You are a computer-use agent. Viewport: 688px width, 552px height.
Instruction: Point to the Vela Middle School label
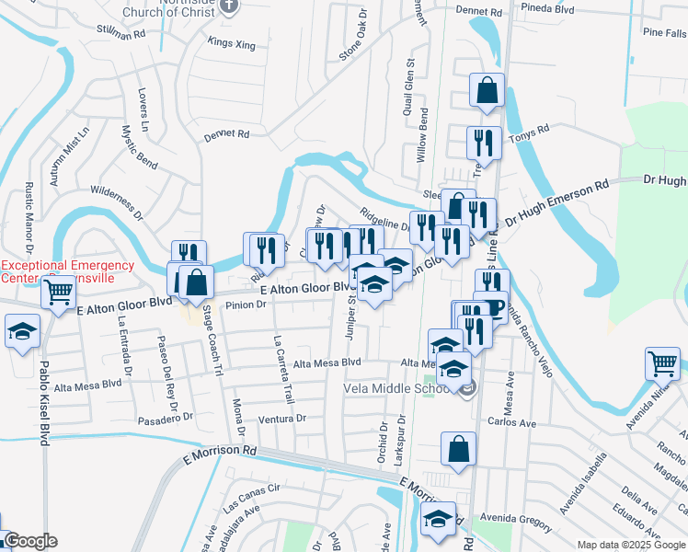point(396,388)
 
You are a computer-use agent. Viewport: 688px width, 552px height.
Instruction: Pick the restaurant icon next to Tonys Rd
point(483,143)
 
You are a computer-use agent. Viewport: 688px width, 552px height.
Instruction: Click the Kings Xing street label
point(230,42)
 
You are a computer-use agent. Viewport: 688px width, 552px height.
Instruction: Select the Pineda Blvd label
point(546,8)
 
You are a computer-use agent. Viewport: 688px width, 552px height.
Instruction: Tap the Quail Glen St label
point(411,81)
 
